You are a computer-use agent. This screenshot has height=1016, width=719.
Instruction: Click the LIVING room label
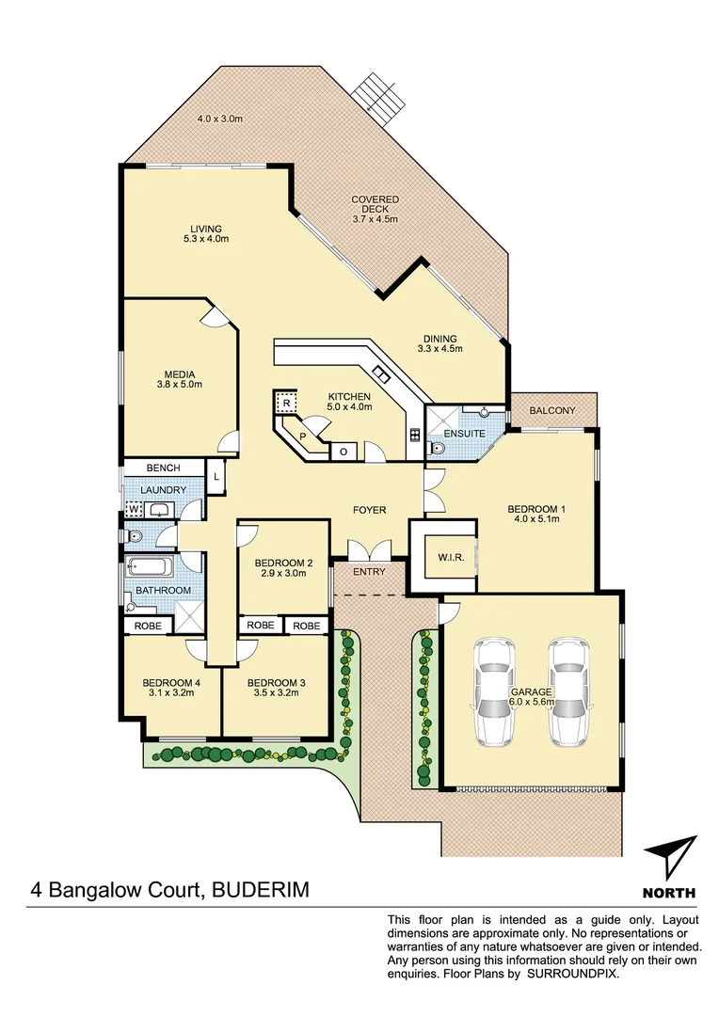click(205, 229)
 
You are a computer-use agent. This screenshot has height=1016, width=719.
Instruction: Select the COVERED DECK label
click(375, 199)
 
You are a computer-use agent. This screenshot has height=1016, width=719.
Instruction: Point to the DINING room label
click(439, 340)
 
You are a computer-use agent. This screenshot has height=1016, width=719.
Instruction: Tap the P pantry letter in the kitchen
click(303, 437)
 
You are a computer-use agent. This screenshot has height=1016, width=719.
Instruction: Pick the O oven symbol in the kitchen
click(343, 452)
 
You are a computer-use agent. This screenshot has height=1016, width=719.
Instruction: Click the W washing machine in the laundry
click(134, 510)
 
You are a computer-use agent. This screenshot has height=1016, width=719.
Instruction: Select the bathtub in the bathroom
click(152, 569)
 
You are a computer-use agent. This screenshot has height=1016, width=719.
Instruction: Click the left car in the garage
click(496, 692)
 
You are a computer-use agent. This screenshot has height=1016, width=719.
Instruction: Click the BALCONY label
click(552, 410)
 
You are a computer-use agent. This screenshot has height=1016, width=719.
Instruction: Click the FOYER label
click(370, 510)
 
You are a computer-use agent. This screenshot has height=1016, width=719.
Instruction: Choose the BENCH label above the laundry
click(165, 468)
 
